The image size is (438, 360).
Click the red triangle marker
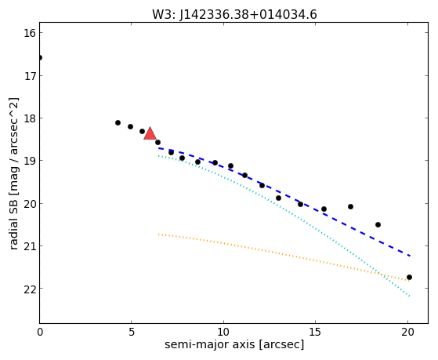click(150, 133)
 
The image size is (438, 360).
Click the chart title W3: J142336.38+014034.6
click(234, 15)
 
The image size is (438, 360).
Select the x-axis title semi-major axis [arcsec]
click(234, 344)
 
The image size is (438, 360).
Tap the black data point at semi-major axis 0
click(40, 57)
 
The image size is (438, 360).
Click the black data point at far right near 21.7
click(409, 277)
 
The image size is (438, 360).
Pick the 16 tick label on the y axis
click(30, 33)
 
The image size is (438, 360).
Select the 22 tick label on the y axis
click(30, 289)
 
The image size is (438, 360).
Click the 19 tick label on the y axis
click(30, 161)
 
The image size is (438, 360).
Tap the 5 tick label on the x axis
click(132, 332)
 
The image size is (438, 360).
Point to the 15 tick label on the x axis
click(315, 332)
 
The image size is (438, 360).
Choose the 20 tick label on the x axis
click(407, 332)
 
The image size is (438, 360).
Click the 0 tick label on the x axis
click(40, 332)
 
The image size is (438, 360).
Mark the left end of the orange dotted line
click(158, 235)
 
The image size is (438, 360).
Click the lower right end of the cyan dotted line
click(410, 296)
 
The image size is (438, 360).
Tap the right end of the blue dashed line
click(410, 256)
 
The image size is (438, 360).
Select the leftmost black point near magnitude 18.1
click(118, 122)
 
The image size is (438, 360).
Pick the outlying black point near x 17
click(350, 207)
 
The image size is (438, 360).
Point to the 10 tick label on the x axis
click(223, 332)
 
